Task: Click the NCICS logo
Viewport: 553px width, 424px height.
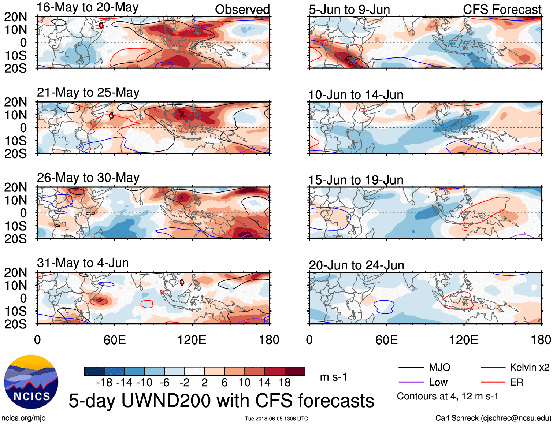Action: pyautogui.click(x=31, y=382)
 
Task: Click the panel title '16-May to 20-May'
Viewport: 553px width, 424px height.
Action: pyautogui.click(x=88, y=7)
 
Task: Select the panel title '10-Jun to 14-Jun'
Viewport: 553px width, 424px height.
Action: pyautogui.click(x=356, y=95)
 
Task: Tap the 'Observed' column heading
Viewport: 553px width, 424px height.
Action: pyautogui.click(x=242, y=10)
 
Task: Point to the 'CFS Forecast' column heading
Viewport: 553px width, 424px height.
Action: pyautogui.click(x=502, y=10)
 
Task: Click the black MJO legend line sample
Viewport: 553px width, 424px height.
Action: pyautogui.click(x=411, y=367)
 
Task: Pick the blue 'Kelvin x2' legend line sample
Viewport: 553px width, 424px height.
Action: pyautogui.click(x=493, y=367)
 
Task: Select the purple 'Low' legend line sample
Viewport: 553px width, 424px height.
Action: pyautogui.click(x=411, y=382)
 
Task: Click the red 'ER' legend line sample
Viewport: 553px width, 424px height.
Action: pyautogui.click(x=493, y=382)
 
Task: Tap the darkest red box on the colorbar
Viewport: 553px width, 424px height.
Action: pyautogui.click(x=295, y=371)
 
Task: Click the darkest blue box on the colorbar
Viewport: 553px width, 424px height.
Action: pyautogui.click(x=94, y=371)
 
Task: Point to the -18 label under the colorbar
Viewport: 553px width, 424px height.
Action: pyautogui.click(x=104, y=383)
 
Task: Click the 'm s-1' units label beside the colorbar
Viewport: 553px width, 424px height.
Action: pyautogui.click(x=333, y=377)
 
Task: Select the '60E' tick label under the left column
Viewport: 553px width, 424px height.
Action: pyautogui.click(x=115, y=340)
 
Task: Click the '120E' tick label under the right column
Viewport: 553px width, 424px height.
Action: pyautogui.click(x=464, y=340)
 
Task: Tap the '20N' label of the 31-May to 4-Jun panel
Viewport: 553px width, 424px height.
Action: pyautogui.click(x=15, y=272)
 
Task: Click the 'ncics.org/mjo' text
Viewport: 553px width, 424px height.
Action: pyautogui.click(x=23, y=418)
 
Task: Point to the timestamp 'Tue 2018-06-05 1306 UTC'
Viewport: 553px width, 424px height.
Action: pyautogui.click(x=276, y=419)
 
